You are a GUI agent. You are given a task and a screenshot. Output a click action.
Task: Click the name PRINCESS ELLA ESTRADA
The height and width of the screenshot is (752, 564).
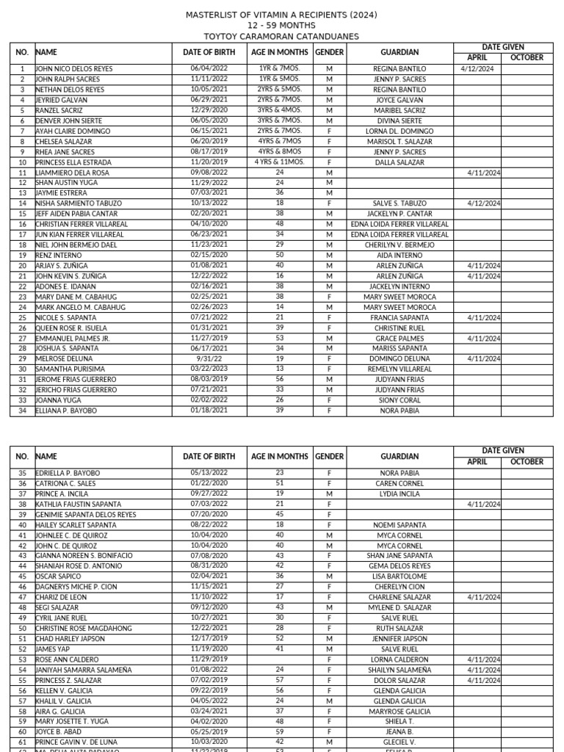(x=73, y=162)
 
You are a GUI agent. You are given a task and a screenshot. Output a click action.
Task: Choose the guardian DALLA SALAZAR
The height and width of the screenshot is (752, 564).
(x=399, y=162)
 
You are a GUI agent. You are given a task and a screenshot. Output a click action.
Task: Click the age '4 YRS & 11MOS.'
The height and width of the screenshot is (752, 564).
(x=280, y=162)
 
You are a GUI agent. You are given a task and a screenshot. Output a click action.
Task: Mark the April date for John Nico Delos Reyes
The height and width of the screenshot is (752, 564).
(x=477, y=68)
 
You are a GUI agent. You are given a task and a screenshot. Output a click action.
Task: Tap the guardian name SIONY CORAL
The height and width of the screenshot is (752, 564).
(x=399, y=401)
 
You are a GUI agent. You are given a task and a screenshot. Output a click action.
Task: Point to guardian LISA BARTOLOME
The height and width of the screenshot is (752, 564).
(x=399, y=577)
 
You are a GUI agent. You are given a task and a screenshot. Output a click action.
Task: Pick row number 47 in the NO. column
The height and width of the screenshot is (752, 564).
(x=22, y=598)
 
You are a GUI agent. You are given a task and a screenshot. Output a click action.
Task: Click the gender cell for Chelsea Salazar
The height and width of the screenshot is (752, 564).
(x=330, y=141)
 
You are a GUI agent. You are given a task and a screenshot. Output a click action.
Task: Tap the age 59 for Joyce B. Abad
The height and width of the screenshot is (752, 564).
(x=280, y=732)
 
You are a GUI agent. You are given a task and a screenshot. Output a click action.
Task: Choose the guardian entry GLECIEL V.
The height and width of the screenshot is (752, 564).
(x=399, y=742)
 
